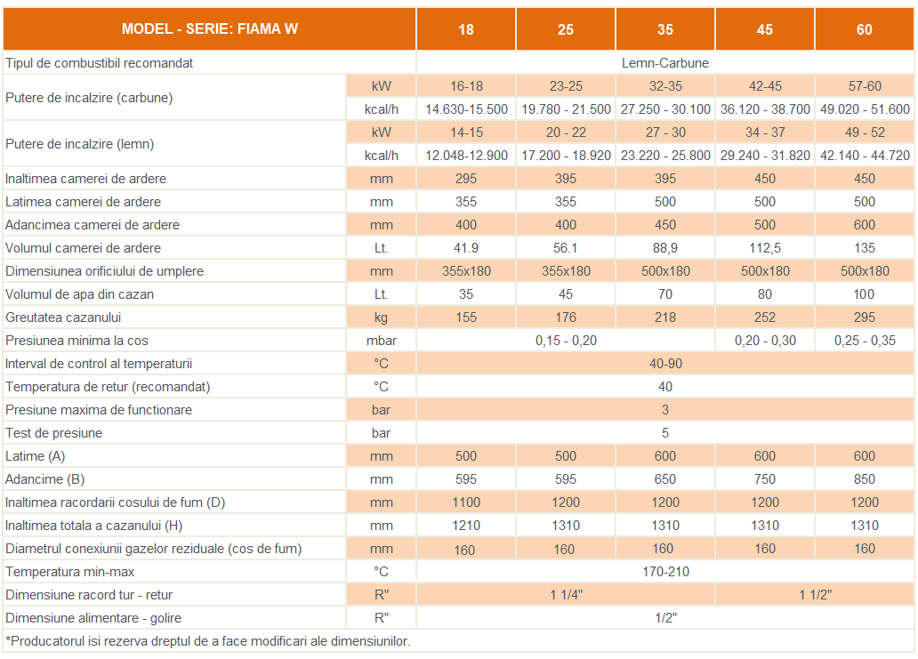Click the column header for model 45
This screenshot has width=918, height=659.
coord(764,29)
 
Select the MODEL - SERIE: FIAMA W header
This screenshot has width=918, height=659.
coord(210,28)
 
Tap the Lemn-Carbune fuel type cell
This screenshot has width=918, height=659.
coord(664,63)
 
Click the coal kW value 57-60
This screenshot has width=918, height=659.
coord(864,86)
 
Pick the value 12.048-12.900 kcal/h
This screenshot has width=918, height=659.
coord(466,156)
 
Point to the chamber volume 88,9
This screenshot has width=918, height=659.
coord(664,248)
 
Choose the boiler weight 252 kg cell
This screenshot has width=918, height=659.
coord(764,317)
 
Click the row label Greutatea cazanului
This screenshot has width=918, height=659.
coord(63,317)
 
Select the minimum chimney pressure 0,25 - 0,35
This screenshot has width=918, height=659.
coord(864,341)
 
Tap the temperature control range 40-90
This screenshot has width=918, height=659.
coord(664,364)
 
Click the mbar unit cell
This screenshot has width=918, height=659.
coord(381,341)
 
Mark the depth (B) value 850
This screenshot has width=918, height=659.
coord(864,479)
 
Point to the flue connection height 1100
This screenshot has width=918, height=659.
coord(466,502)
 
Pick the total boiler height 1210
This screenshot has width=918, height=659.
coord(466,526)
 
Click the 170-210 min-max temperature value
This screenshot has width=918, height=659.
coord(664,572)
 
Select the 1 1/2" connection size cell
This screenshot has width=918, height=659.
coord(814,595)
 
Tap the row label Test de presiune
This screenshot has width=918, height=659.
coord(54,433)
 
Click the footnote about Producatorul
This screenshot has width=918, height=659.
coord(208,640)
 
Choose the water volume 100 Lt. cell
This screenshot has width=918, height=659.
coord(864,294)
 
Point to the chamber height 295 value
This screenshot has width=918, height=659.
coord(466,179)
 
